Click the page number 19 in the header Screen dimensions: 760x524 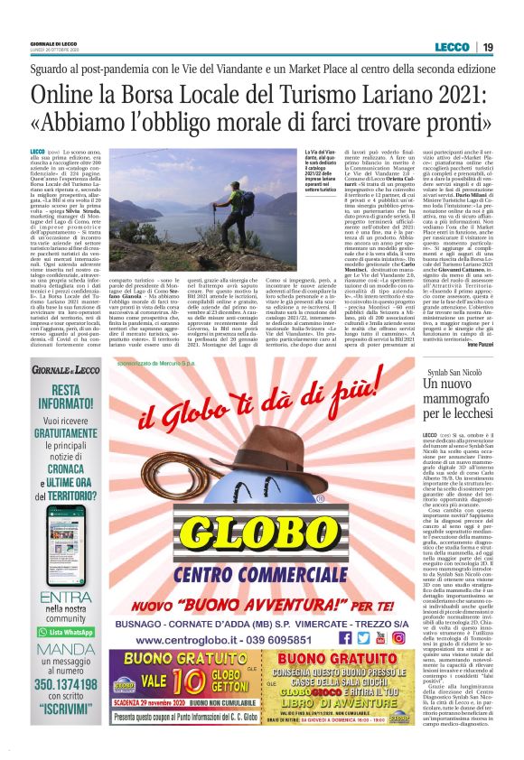point(487,47)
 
